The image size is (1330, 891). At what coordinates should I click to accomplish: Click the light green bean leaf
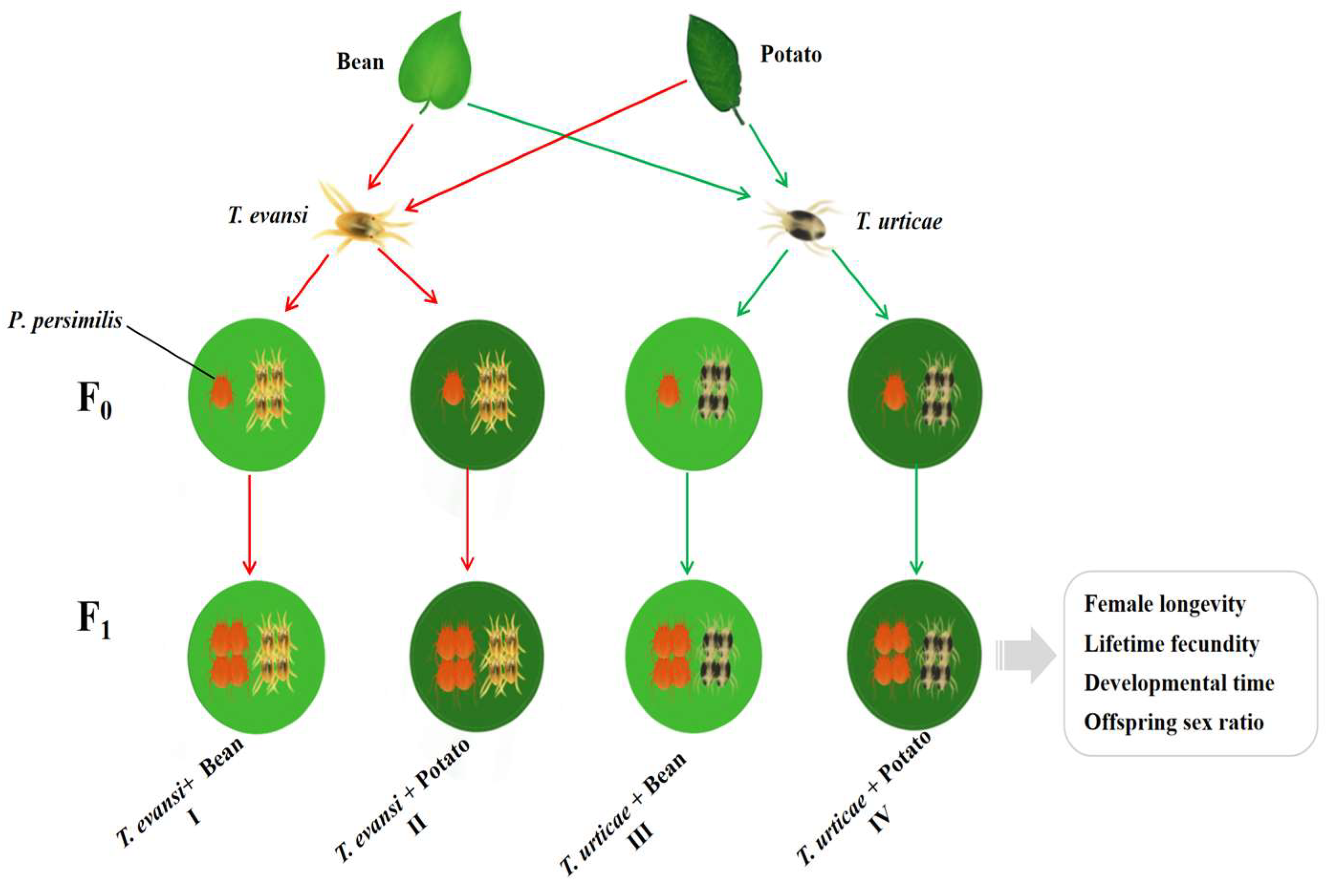coord(435,63)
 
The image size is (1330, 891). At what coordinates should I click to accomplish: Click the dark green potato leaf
coord(714,63)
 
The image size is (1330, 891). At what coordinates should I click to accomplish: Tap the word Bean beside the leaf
coord(360,62)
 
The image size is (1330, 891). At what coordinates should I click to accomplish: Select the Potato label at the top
coord(791,55)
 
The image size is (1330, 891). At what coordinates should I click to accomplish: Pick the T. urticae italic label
coord(898,221)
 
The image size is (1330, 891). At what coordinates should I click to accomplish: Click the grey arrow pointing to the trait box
coord(1027,655)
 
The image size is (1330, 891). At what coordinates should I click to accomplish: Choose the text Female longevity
coord(1165,604)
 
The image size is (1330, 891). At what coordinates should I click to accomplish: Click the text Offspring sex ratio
coord(1174,722)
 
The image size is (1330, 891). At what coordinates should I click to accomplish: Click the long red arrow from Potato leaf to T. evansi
coord(546,144)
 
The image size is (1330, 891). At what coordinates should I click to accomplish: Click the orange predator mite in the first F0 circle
coord(222,392)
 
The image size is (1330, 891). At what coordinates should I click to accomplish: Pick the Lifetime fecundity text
coord(1171,644)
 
